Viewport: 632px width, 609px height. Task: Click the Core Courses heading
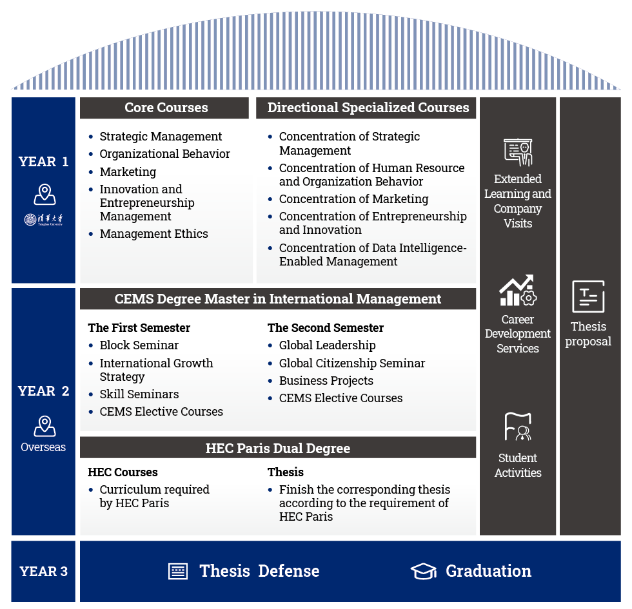click(166, 108)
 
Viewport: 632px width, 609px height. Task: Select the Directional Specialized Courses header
click(368, 108)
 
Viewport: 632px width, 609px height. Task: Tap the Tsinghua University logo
click(44, 220)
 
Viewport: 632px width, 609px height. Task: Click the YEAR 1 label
click(44, 162)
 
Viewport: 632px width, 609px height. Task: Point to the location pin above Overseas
click(44, 426)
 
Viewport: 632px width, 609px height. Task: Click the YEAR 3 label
click(44, 571)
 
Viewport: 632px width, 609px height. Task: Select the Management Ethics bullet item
click(153, 234)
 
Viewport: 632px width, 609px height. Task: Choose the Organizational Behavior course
click(164, 154)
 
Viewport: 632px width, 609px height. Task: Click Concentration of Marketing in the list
click(353, 199)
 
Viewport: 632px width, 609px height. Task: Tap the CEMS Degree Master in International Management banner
click(278, 299)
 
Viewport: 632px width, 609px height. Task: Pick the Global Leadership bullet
click(327, 345)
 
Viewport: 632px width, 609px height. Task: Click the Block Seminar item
click(139, 345)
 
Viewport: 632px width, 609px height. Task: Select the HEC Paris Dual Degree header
click(278, 449)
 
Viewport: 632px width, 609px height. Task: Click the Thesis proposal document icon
click(588, 297)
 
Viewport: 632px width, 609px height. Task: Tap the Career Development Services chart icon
click(518, 291)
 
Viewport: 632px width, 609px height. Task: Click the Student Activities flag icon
click(518, 427)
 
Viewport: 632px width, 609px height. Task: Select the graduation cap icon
click(424, 571)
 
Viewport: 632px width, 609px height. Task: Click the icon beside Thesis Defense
click(178, 571)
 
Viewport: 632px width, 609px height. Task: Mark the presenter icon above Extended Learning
click(518, 152)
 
